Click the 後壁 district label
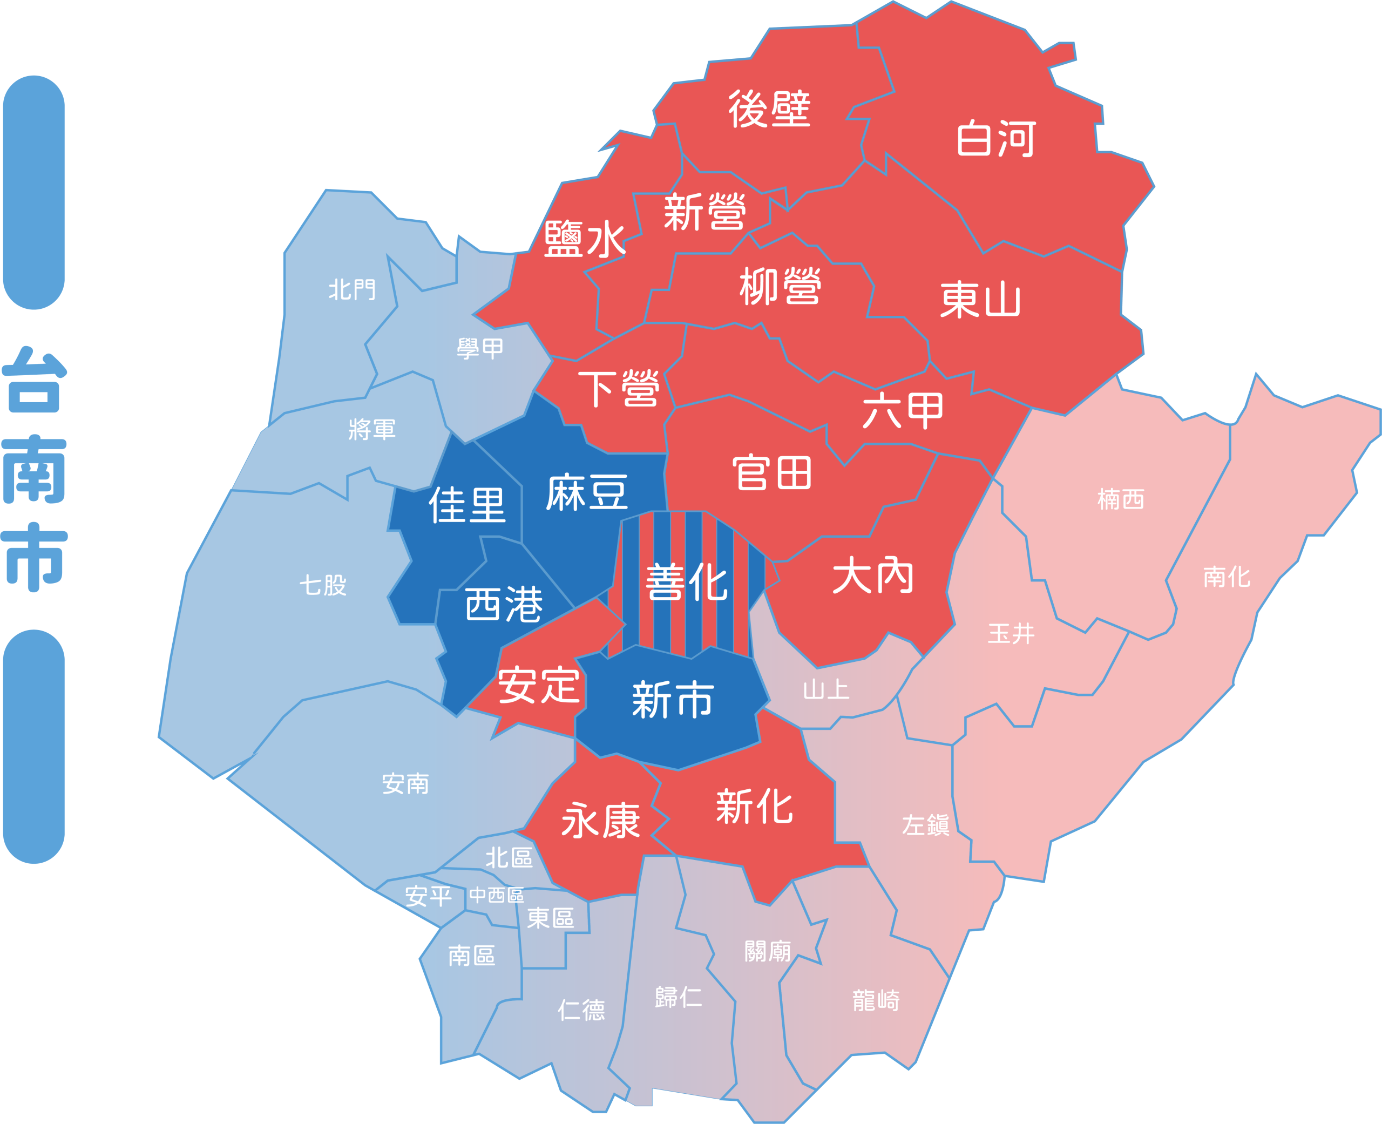(x=769, y=109)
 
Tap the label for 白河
(x=995, y=139)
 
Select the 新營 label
(x=705, y=212)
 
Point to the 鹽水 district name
(x=585, y=240)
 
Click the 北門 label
(x=351, y=289)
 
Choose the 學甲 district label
(x=480, y=348)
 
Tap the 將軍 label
(x=371, y=429)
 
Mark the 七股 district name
(x=322, y=585)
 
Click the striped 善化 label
(x=686, y=581)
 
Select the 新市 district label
(x=673, y=700)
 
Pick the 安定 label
(x=539, y=686)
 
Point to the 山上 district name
(x=826, y=689)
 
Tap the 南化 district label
(x=1227, y=576)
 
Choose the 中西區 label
(x=497, y=895)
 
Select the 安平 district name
(x=428, y=896)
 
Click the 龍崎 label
(x=876, y=1000)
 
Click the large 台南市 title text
(x=35, y=469)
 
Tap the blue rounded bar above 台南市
(x=33, y=192)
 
